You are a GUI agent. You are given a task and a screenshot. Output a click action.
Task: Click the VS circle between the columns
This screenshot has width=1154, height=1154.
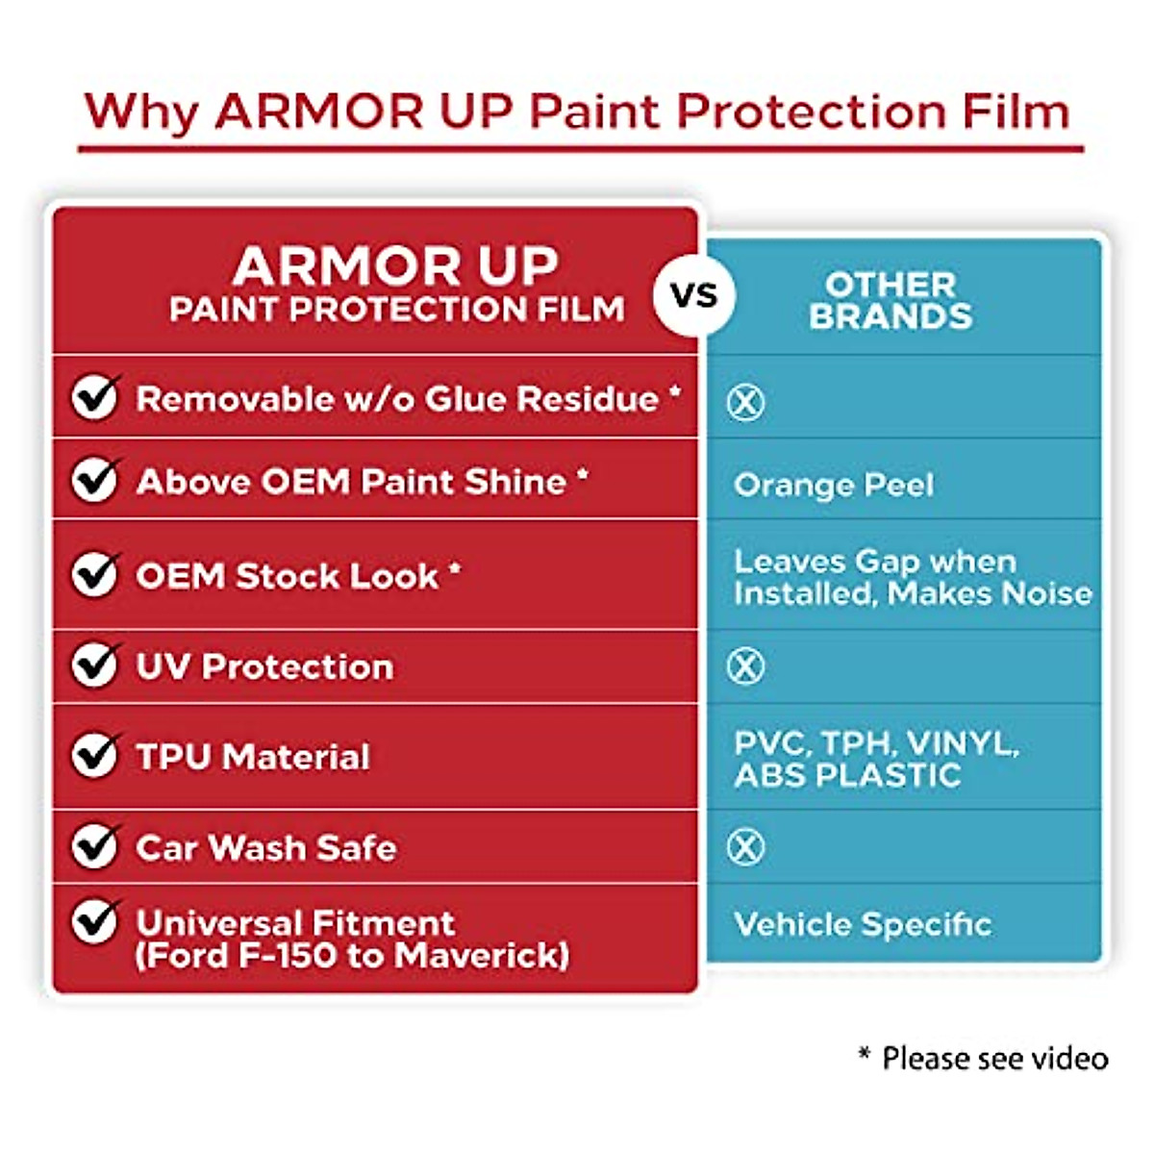coord(694,293)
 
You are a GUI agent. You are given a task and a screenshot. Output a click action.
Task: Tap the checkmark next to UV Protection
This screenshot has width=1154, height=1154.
coord(95,665)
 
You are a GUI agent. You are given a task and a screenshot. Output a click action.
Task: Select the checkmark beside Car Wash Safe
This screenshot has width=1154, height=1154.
coord(95,846)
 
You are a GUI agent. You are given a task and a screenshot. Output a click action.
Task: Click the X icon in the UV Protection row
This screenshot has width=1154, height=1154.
coord(745,665)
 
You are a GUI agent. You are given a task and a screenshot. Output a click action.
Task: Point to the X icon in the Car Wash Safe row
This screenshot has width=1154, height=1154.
coord(745,847)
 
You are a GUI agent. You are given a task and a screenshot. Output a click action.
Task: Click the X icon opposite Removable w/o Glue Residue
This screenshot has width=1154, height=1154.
coord(745,402)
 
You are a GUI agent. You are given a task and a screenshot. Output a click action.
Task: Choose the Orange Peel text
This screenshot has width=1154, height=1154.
coord(833,485)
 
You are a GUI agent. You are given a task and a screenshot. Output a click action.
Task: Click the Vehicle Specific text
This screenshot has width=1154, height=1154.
coord(862,924)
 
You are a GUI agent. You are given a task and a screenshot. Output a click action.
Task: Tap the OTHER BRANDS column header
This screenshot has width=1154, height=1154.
coord(890,300)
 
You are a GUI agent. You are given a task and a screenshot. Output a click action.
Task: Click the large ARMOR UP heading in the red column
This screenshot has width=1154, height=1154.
coord(395,265)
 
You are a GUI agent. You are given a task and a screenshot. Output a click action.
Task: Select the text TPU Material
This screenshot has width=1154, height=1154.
coord(253,757)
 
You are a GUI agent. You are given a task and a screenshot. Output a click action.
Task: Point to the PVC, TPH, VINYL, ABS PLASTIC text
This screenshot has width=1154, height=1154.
coord(875,759)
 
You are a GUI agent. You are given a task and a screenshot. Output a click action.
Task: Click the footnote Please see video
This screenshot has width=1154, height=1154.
coord(994,1058)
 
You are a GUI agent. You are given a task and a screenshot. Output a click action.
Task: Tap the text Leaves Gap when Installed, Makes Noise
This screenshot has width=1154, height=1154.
coord(912,577)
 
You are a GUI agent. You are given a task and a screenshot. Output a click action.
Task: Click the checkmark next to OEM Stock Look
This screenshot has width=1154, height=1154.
coord(95,574)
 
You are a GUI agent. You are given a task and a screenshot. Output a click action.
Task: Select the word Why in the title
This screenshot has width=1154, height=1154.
coord(140,111)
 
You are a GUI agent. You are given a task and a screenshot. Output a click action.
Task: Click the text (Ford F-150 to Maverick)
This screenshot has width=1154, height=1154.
coord(352,956)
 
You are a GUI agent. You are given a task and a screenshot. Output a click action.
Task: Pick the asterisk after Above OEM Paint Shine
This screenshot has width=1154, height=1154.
coord(583,474)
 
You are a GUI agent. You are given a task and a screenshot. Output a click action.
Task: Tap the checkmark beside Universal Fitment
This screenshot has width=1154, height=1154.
coord(95,921)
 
